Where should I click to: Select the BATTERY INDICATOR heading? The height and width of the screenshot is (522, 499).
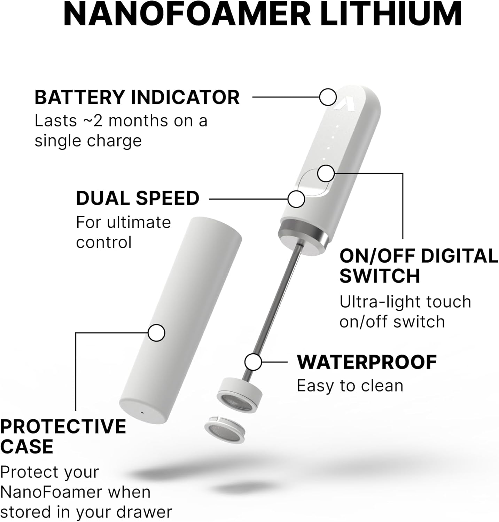[x=137, y=97]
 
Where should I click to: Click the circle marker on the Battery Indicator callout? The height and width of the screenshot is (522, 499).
[x=328, y=97]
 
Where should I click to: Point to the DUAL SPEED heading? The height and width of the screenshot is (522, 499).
[x=138, y=198]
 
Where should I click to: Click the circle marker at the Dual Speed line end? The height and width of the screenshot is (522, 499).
[x=296, y=199]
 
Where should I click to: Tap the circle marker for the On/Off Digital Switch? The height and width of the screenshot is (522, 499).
[x=326, y=173]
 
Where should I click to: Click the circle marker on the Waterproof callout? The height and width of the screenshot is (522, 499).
[x=253, y=362]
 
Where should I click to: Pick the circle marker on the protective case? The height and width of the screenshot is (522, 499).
[x=156, y=333]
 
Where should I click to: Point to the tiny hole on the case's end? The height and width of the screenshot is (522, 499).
[x=142, y=413]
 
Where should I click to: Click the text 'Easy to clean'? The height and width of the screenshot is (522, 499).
[x=350, y=386]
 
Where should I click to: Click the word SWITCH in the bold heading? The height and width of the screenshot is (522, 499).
[x=380, y=276]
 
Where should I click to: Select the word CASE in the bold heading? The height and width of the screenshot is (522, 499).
[x=26, y=446]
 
